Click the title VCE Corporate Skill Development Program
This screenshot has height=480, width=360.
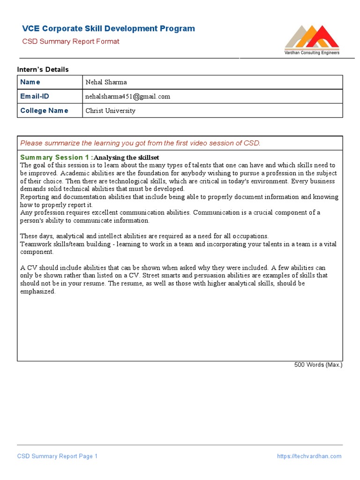click(x=109, y=29)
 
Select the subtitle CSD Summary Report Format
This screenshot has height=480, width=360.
click(x=71, y=41)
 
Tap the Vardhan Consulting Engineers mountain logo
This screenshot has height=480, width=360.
click(x=312, y=37)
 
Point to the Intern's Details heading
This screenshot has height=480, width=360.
click(x=43, y=69)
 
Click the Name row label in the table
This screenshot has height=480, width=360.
click(x=30, y=82)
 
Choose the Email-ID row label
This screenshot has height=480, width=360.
click(x=34, y=96)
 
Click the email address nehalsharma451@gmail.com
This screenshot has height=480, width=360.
click(x=127, y=97)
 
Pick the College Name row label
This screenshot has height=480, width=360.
click(x=44, y=111)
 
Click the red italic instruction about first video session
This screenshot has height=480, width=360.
click(x=140, y=143)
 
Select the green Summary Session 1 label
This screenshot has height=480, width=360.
click(x=56, y=157)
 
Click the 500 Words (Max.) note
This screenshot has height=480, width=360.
click(x=318, y=365)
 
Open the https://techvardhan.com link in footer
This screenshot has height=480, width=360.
click(x=309, y=456)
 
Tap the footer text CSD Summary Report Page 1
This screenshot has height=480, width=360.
click(x=57, y=456)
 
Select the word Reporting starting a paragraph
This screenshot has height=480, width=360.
click(x=34, y=197)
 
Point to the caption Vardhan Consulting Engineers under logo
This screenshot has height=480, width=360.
click(x=312, y=53)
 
